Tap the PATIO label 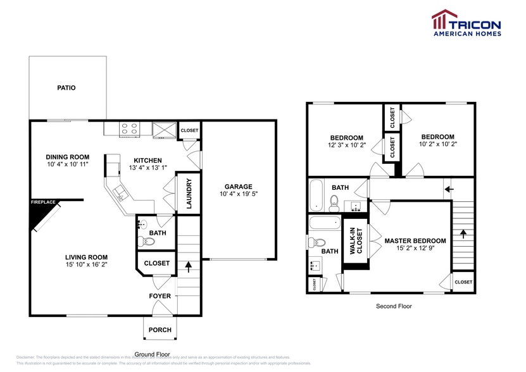66,88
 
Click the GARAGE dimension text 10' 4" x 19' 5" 238,195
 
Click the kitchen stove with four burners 130,128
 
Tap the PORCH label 160,330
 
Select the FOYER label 160,296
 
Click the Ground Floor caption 153,354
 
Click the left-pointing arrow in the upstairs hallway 449,189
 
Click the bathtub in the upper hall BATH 316,195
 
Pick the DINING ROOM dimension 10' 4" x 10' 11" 68,164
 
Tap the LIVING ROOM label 84,257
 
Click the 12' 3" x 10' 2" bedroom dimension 346,146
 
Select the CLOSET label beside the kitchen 189,130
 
